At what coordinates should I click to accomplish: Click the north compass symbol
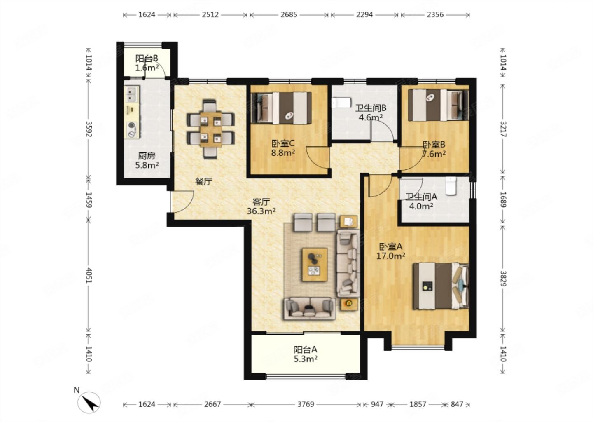pyautogui.click(x=89, y=402)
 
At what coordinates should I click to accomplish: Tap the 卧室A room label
pyautogui.click(x=391, y=246)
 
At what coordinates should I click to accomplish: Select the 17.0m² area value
pyautogui.click(x=391, y=256)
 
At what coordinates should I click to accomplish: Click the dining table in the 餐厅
pyautogui.click(x=211, y=129)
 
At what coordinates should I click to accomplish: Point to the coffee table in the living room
pyautogui.click(x=315, y=265)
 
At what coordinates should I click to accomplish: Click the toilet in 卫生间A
pyautogui.click(x=451, y=186)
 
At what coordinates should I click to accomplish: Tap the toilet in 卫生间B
pyautogui.click(x=341, y=103)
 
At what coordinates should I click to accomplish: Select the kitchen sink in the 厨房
pyautogui.click(x=132, y=94)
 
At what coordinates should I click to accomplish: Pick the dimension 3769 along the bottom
pyautogui.click(x=306, y=404)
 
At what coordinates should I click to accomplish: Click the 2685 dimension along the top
pyautogui.click(x=289, y=14)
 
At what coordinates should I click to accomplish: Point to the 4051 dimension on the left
pyautogui.click(x=89, y=275)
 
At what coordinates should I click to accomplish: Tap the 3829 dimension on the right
pyautogui.click(x=503, y=279)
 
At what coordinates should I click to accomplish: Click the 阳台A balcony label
pyautogui.click(x=306, y=349)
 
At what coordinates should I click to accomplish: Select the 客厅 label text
pyautogui.click(x=261, y=202)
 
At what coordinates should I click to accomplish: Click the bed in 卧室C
pyautogui.click(x=281, y=108)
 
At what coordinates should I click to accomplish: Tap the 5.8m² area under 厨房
pyautogui.click(x=147, y=165)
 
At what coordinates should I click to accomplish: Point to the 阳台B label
pyautogui.click(x=147, y=58)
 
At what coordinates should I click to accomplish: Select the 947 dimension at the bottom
pyautogui.click(x=377, y=404)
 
